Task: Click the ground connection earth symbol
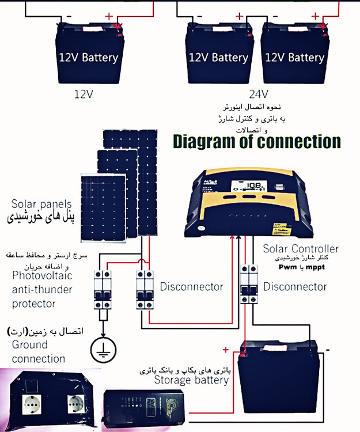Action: point(103,347)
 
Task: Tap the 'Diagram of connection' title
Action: point(257,141)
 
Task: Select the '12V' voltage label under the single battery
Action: point(84,92)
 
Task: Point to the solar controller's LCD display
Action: point(251,186)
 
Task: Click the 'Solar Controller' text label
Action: point(301,249)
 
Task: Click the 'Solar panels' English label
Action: point(41,204)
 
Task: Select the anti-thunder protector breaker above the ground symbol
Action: point(103,289)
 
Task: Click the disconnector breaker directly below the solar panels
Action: point(144,288)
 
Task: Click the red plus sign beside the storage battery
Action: point(226,350)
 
